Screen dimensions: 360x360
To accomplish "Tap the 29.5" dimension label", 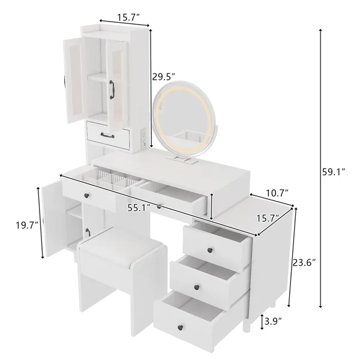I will click(163, 77).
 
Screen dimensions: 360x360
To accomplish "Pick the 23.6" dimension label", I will click(305, 262).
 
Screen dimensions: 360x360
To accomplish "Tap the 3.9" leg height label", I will click(274, 322).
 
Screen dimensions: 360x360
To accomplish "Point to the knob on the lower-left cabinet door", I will click(88, 230).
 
